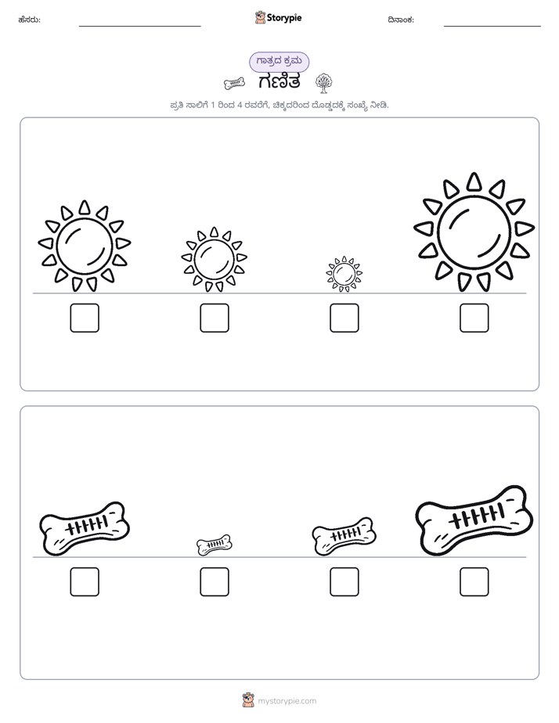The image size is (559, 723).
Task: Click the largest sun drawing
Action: pos(474,232)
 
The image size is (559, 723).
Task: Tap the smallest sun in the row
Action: pos(344,275)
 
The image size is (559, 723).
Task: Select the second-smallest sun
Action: pos(214,260)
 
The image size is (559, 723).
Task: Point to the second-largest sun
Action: pos(85,246)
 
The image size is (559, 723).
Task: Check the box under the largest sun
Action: pos(474,318)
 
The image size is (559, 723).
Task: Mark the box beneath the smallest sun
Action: pos(344,318)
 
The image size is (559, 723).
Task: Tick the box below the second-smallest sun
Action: pos(215,318)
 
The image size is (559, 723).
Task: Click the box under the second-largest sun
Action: pos(85,318)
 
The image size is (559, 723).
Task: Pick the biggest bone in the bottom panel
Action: pos(474,520)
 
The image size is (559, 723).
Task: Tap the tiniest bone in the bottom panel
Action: pos(215,545)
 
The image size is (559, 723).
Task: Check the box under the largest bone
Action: pos(474,582)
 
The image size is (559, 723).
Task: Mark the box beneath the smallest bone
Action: pos(215,582)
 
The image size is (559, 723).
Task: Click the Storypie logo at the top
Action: pos(278,17)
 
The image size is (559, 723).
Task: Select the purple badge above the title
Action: pos(279,62)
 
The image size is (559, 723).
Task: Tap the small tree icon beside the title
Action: pos(324,82)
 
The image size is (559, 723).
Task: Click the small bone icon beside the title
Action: pos(234,83)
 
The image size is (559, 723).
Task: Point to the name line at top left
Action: pos(139,27)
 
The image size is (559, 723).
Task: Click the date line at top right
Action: pos(492,27)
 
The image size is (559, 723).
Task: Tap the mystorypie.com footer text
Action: pos(287,701)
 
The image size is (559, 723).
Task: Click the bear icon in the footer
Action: pos(248,700)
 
